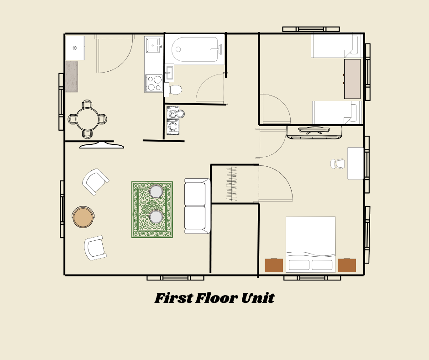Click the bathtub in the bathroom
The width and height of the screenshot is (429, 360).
pyautogui.click(x=194, y=49)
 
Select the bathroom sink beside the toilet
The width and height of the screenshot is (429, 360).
pyautogui.click(x=169, y=73)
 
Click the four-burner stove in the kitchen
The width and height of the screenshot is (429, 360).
pyautogui.click(x=154, y=83)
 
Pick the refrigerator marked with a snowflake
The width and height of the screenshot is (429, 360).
pyautogui.click(x=74, y=48)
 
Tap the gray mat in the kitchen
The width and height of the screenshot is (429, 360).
pyautogui.click(x=72, y=77)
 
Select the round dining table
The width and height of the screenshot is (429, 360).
pyautogui.click(x=87, y=119)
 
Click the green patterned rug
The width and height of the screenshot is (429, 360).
pyautogui.click(x=152, y=209)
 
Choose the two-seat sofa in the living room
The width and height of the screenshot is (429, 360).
pyautogui.click(x=196, y=206)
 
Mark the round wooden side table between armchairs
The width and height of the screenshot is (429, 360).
pyautogui.click(x=83, y=217)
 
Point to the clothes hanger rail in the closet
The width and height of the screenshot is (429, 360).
pyautogui.click(x=232, y=184)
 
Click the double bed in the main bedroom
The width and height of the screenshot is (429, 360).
pyautogui.click(x=310, y=244)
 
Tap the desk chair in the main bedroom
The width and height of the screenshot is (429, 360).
pyautogui.click(x=338, y=164)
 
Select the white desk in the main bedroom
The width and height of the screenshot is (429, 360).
pyautogui.click(x=356, y=163)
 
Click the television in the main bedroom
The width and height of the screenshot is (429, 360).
pyautogui.click(x=314, y=132)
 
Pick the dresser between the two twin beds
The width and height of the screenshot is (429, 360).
pyautogui.click(x=352, y=79)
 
